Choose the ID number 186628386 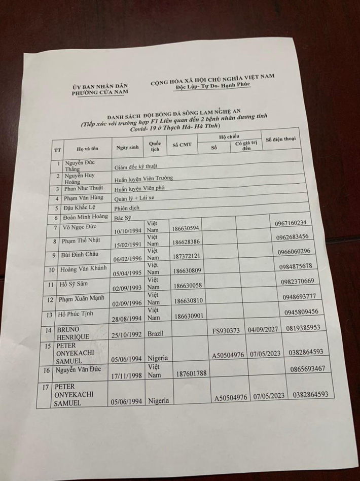tap(186, 243)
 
